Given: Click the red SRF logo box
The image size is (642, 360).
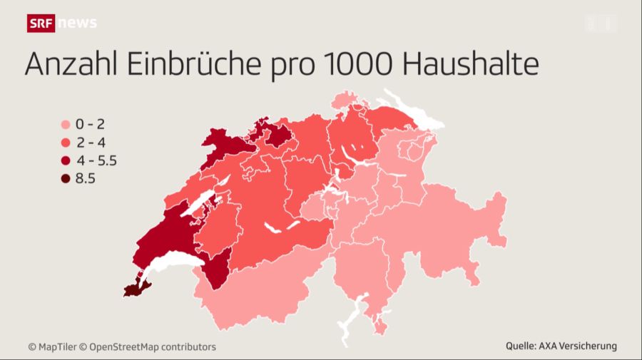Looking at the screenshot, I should coord(41,23).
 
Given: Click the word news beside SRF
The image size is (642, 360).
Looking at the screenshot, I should coord(77,23).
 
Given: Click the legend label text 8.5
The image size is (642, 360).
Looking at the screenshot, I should coord(85,179).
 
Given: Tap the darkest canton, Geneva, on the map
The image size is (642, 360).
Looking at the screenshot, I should coord(133,289).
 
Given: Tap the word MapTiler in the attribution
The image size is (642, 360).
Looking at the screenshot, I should coord(56,347).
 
